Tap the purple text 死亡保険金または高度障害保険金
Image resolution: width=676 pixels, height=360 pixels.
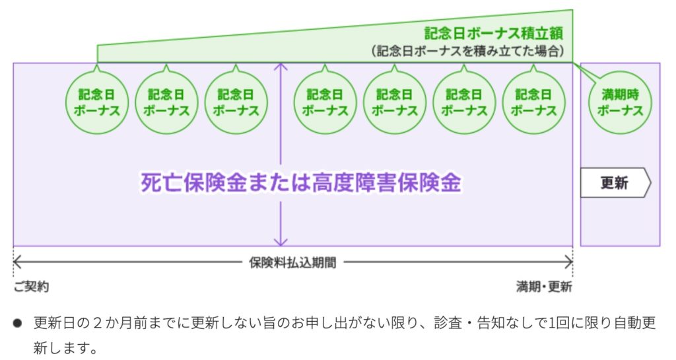point(301,183)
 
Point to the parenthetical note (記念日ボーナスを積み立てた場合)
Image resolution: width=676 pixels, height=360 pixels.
point(467,51)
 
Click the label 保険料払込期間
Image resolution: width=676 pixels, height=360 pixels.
point(292,262)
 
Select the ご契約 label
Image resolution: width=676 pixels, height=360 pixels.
point(30,287)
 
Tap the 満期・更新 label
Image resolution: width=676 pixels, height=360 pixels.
point(544,287)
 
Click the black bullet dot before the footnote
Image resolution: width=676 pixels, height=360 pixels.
point(18,324)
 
